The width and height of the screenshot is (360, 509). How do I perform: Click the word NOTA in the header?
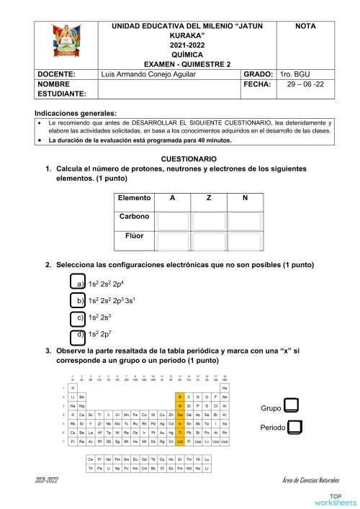tap(310, 25)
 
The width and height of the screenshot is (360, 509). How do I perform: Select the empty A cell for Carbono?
tap(173, 220)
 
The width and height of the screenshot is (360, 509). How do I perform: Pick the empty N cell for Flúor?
tap(244, 240)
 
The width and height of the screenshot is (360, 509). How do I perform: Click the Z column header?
tap(209, 198)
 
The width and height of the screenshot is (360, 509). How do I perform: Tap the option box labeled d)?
tap(78, 335)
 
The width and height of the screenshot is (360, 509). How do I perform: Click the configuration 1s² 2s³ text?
tap(102, 317)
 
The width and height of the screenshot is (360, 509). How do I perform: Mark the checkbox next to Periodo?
tap(294, 427)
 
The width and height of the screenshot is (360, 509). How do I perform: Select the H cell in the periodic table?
tap(73, 387)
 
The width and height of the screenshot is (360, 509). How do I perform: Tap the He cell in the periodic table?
tap(225, 387)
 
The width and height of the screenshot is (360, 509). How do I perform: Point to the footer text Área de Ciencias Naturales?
tap(311, 479)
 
